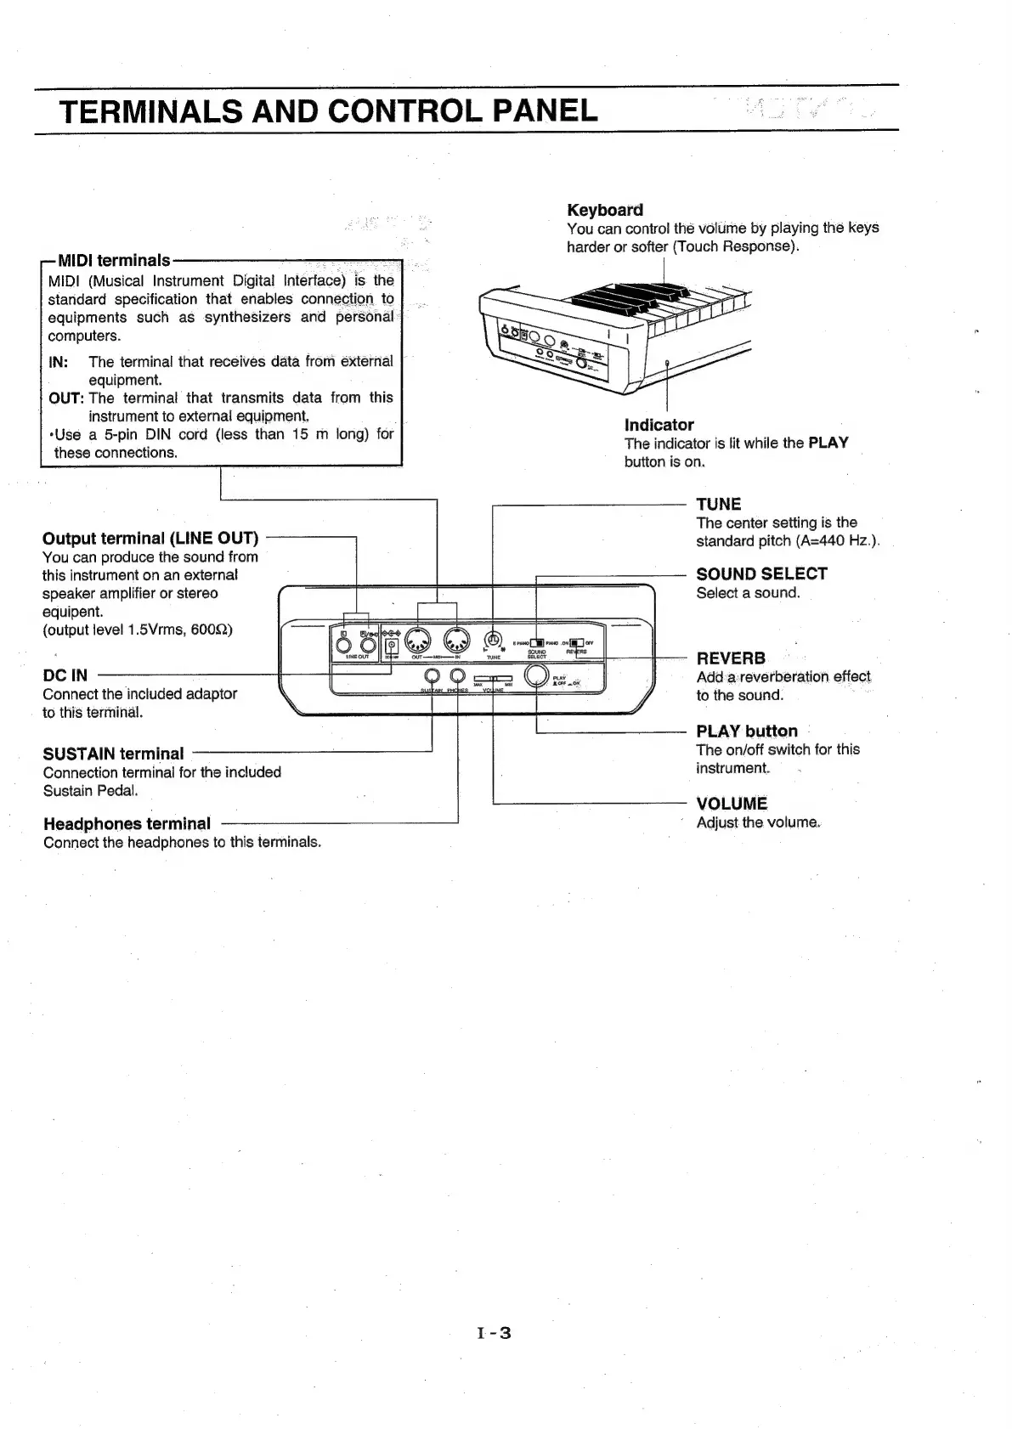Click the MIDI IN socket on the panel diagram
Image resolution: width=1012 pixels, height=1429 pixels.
point(457,640)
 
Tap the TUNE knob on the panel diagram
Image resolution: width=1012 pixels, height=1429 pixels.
point(493,641)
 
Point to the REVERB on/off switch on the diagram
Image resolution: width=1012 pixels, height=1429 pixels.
point(576,642)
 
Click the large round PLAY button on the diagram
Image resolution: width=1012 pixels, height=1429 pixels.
point(537,675)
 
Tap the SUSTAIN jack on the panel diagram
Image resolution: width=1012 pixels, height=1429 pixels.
point(433,676)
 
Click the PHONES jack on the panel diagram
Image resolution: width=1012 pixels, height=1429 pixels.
point(458,676)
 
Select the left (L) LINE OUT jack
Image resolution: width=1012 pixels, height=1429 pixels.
point(344,647)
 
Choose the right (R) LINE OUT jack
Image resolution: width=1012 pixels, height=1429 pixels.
point(368,647)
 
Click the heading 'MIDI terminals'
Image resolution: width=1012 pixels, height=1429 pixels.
point(113,260)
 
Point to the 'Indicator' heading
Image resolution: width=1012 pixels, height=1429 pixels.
point(659,425)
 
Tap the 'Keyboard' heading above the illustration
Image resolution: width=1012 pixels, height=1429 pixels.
point(605,210)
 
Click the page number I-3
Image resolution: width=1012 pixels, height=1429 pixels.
point(494,1333)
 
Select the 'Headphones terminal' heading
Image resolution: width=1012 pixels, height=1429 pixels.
point(127,823)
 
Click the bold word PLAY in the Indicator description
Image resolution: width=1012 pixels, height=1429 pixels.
point(828,443)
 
